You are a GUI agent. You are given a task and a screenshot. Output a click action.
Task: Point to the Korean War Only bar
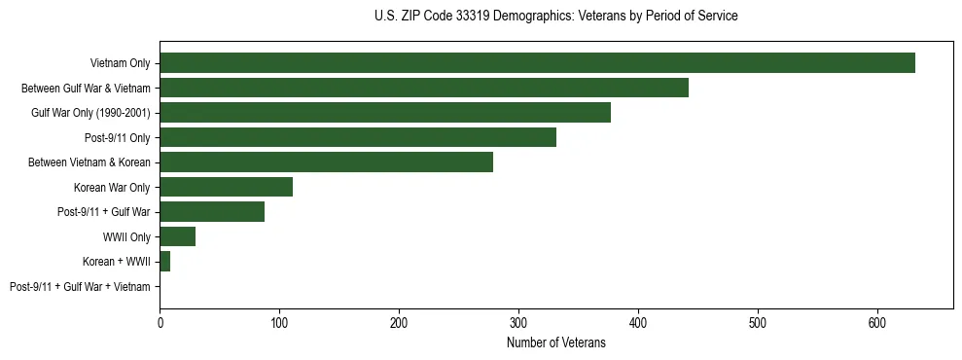tap(226, 187)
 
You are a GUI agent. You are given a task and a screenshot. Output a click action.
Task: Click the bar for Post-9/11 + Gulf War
tap(212, 212)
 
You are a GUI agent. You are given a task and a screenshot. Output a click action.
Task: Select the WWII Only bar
tap(178, 236)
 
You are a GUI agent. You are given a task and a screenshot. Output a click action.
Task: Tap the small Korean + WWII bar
tap(165, 262)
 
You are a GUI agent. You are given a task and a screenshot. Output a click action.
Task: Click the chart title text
tap(555, 17)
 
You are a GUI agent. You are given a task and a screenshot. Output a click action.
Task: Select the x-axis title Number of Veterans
tap(555, 343)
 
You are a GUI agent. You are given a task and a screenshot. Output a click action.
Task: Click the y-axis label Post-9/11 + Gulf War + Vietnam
tap(80, 287)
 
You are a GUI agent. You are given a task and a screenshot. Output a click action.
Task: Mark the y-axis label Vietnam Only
tap(120, 63)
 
